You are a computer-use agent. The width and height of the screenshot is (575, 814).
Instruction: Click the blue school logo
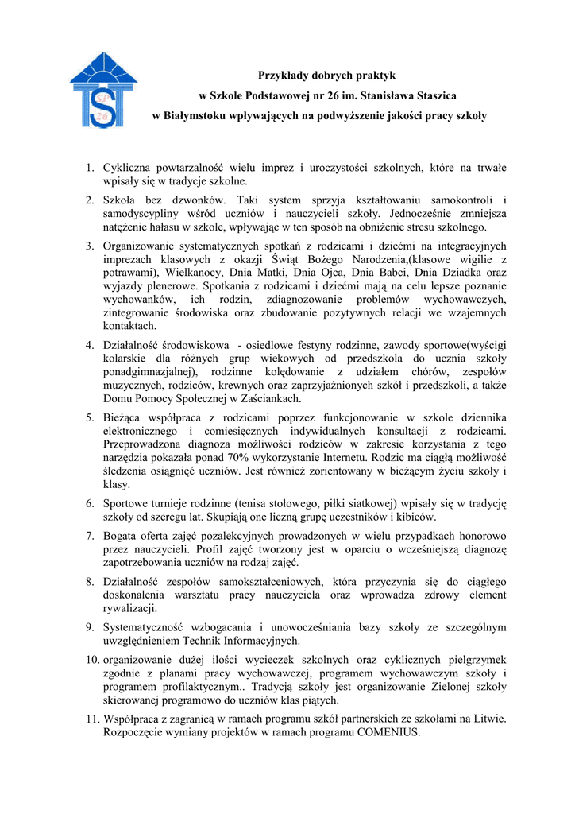tap(103, 89)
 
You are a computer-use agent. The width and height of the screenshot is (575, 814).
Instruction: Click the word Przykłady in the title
tap(283, 76)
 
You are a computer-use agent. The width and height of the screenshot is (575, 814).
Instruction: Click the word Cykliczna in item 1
tap(127, 168)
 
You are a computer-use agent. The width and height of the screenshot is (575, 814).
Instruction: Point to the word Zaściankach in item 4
tap(268, 398)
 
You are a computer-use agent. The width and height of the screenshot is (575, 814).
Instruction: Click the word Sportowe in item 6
tap(127, 503)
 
